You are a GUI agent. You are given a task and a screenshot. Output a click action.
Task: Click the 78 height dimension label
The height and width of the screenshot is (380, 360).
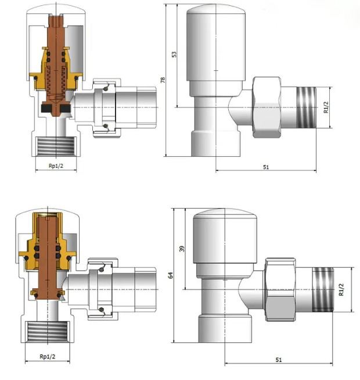coord(163,80)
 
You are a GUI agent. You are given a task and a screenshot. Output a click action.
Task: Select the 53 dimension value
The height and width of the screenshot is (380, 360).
coord(174,54)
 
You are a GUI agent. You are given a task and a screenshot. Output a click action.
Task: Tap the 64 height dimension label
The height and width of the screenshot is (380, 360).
coord(171,275)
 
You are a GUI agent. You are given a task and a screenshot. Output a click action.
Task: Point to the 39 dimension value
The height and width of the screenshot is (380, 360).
coord(182,249)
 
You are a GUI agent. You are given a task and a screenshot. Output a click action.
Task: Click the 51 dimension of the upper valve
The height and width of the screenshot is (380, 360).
coord(266,167)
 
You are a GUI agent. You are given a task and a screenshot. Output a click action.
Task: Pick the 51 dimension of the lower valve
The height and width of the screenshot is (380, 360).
coord(279,360)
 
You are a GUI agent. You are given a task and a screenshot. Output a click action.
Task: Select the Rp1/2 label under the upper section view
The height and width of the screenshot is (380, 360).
coord(56,166)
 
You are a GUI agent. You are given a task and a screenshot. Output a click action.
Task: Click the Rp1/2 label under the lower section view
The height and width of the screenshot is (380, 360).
coord(48,357)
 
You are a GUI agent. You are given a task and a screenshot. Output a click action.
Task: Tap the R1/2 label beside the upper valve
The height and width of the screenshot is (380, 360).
coord(326,107)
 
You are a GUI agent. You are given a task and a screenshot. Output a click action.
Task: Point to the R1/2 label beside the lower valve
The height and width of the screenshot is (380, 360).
coord(341,289)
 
